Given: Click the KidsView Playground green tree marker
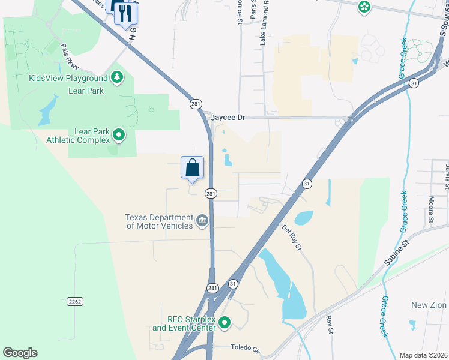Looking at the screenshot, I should coord(118,78).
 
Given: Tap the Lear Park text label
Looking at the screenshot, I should coord(86,91).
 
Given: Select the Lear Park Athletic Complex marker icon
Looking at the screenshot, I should coord(119,135).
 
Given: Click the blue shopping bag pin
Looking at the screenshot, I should coord(193,167).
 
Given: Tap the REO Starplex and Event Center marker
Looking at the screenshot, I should coord(224,323).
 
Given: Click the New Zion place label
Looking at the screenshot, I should coord(428,305).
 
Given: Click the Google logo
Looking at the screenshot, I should coord(20,353).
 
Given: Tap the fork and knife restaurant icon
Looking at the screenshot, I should coord(126,13).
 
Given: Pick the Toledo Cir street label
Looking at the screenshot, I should coord(246,347).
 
